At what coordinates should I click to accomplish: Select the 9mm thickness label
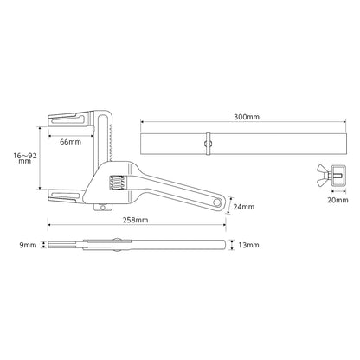[x=29, y=247]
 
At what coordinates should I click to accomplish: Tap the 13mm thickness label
[x=249, y=247]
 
